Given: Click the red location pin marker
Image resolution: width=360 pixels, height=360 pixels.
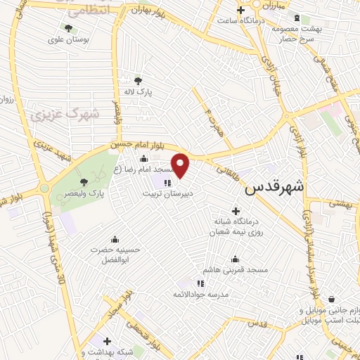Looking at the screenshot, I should click(181, 166).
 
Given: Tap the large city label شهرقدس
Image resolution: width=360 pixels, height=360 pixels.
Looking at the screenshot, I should click(276, 188).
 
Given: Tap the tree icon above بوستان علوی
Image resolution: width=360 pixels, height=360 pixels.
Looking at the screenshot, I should click(67, 28).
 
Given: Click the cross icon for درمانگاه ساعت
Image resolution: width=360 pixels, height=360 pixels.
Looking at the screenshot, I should click(241, 10).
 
